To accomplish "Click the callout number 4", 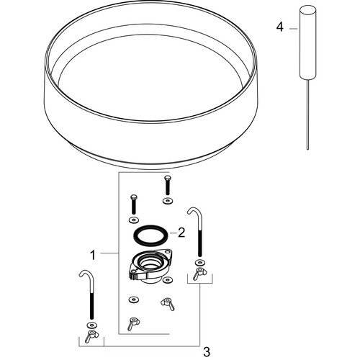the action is pyautogui.click(x=279, y=27).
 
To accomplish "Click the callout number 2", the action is pyautogui.click(x=181, y=233).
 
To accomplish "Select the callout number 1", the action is pyautogui.click(x=93, y=255).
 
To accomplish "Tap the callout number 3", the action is pyautogui.click(x=207, y=352).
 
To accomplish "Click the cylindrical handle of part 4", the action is pyautogui.click(x=307, y=42).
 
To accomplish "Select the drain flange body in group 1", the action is pyautogui.click(x=150, y=266).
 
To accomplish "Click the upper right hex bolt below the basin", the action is pyautogui.click(x=167, y=186).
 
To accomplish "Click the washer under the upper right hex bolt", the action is pyautogui.click(x=168, y=201).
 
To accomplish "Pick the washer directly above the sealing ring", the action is pyautogui.click(x=134, y=220).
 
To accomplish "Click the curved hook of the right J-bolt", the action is pyautogui.click(x=194, y=211).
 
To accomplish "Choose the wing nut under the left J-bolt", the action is pyautogui.click(x=90, y=336).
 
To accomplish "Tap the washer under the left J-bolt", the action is pyautogui.click(x=91, y=325).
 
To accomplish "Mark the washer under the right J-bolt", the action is pyautogui.click(x=199, y=262).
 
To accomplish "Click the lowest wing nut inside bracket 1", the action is pyautogui.click(x=133, y=323).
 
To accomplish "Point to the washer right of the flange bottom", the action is pyautogui.click(x=168, y=280).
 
